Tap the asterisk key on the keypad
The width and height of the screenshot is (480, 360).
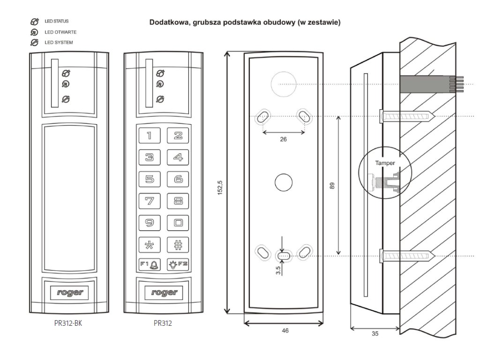150,245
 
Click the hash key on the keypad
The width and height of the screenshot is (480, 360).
178,245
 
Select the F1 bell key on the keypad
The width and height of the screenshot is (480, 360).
150,264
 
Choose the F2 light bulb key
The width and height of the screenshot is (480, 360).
178,264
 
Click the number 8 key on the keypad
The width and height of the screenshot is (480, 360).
178,201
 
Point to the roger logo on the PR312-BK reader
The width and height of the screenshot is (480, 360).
69,292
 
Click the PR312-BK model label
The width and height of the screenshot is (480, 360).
68,323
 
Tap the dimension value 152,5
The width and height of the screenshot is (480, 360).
220,187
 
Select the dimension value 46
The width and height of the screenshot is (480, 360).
285,330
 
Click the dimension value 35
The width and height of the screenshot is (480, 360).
375,334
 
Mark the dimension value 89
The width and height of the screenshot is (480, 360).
332,186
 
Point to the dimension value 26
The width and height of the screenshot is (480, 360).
284,139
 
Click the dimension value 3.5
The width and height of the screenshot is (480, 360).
278,270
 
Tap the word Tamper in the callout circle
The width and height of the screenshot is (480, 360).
385,163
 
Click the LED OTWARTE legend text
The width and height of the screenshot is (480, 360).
60,32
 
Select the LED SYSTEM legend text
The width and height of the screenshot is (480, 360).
59,42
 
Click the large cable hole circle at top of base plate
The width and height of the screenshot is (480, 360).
284,84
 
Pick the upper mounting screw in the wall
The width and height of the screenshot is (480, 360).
407,116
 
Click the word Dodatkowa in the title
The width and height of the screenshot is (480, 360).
169,22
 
